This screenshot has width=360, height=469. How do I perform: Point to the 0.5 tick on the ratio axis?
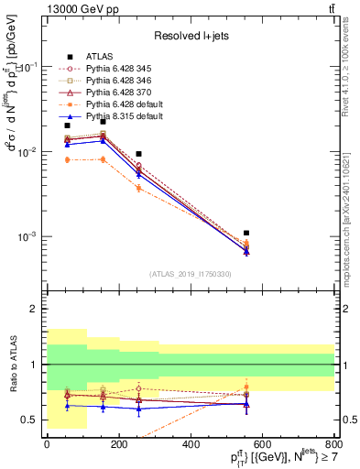(x=31, y=420)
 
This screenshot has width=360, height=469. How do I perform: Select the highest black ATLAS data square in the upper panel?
(x=103, y=121)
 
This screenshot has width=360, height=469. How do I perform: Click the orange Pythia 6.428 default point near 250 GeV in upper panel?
(x=138, y=188)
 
